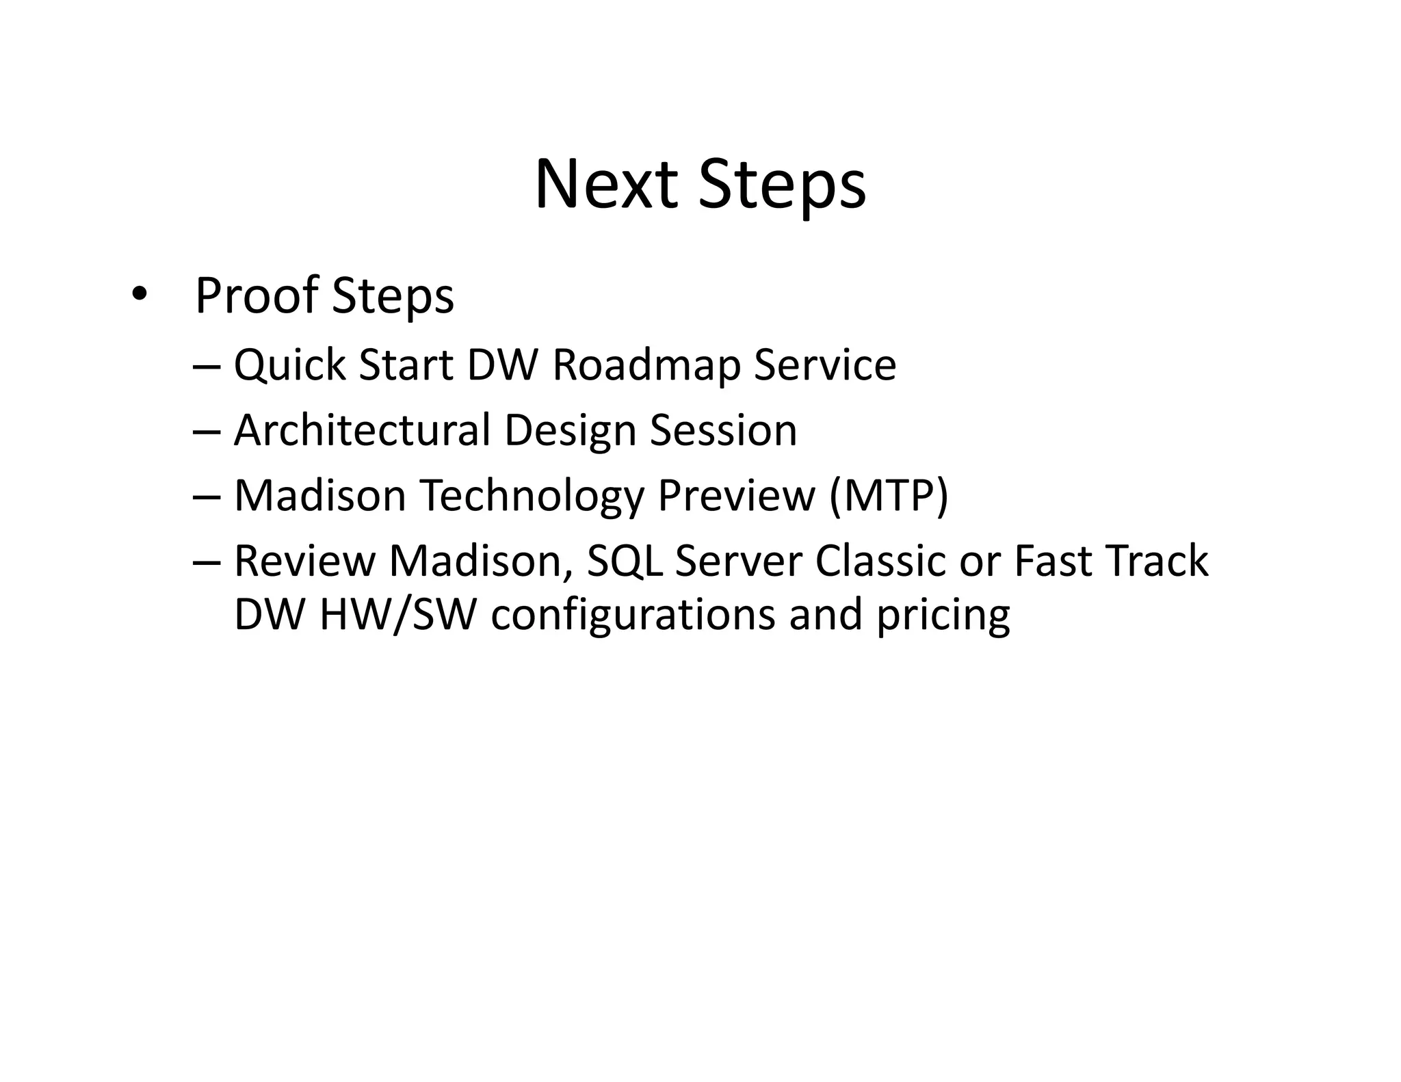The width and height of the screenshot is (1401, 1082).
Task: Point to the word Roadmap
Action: (x=646, y=365)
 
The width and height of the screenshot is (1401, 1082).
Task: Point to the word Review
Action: (x=305, y=560)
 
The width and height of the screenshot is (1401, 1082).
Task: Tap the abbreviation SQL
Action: (x=625, y=561)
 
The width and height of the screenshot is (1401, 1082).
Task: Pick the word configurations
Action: (x=633, y=615)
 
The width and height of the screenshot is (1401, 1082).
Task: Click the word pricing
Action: (x=943, y=615)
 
